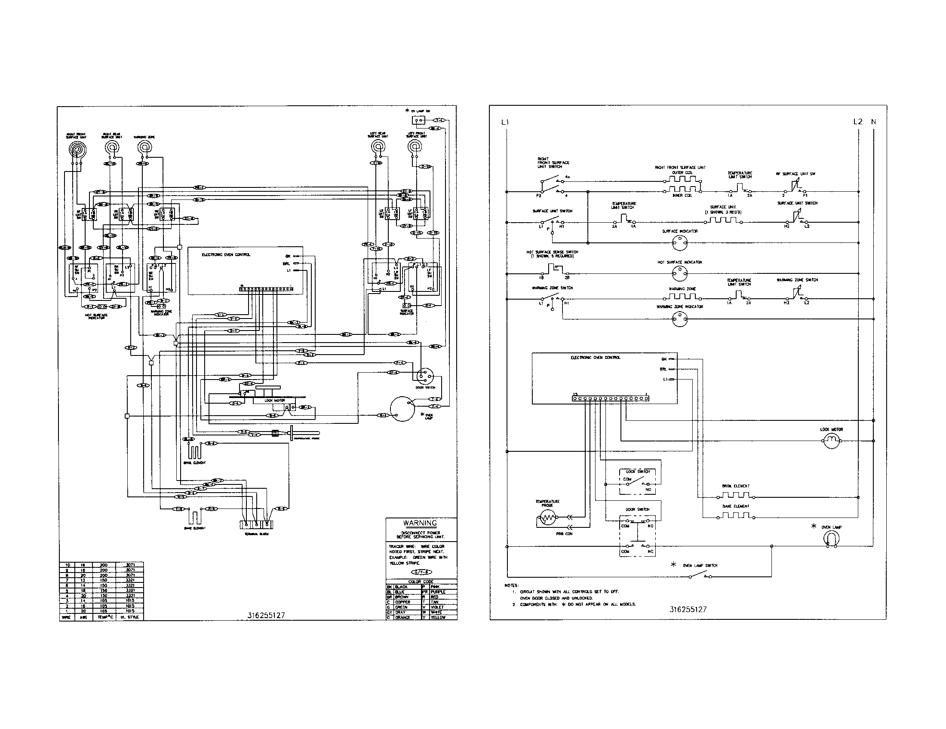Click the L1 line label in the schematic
(x=505, y=122)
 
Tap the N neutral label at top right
(x=873, y=122)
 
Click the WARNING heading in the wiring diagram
(x=420, y=523)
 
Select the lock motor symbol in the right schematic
(x=831, y=441)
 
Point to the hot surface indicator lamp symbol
(x=679, y=274)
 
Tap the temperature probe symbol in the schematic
(x=547, y=518)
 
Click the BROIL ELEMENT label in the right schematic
(x=735, y=486)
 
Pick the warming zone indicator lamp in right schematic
(x=679, y=319)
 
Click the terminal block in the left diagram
(x=257, y=524)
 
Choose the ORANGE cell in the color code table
(x=402, y=617)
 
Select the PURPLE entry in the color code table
(x=438, y=592)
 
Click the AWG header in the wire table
(x=83, y=617)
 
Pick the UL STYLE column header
(x=129, y=617)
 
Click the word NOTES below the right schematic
(x=512, y=585)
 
